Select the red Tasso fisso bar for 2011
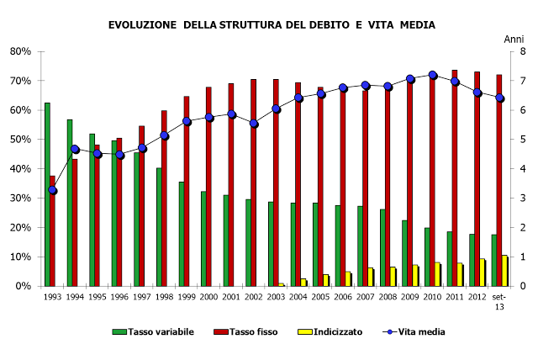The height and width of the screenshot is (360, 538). pyautogui.click(x=455, y=177)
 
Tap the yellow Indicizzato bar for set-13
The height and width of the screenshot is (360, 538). pyautogui.click(x=504, y=270)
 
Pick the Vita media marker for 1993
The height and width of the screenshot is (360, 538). pyautogui.click(x=53, y=190)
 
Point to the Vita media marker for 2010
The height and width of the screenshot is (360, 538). pyautogui.click(x=433, y=75)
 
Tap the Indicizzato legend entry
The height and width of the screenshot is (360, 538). pyautogui.click(x=331, y=331)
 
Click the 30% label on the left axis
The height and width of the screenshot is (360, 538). pyautogui.click(x=20, y=198)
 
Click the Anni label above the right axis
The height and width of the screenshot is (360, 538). pyautogui.click(x=513, y=40)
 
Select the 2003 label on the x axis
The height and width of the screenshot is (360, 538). pyautogui.click(x=277, y=296)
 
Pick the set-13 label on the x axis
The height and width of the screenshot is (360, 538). pyautogui.click(x=499, y=300)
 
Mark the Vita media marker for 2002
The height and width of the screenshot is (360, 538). pyautogui.click(x=254, y=124)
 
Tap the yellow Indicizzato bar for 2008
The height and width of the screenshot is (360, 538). pyautogui.click(x=393, y=276)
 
